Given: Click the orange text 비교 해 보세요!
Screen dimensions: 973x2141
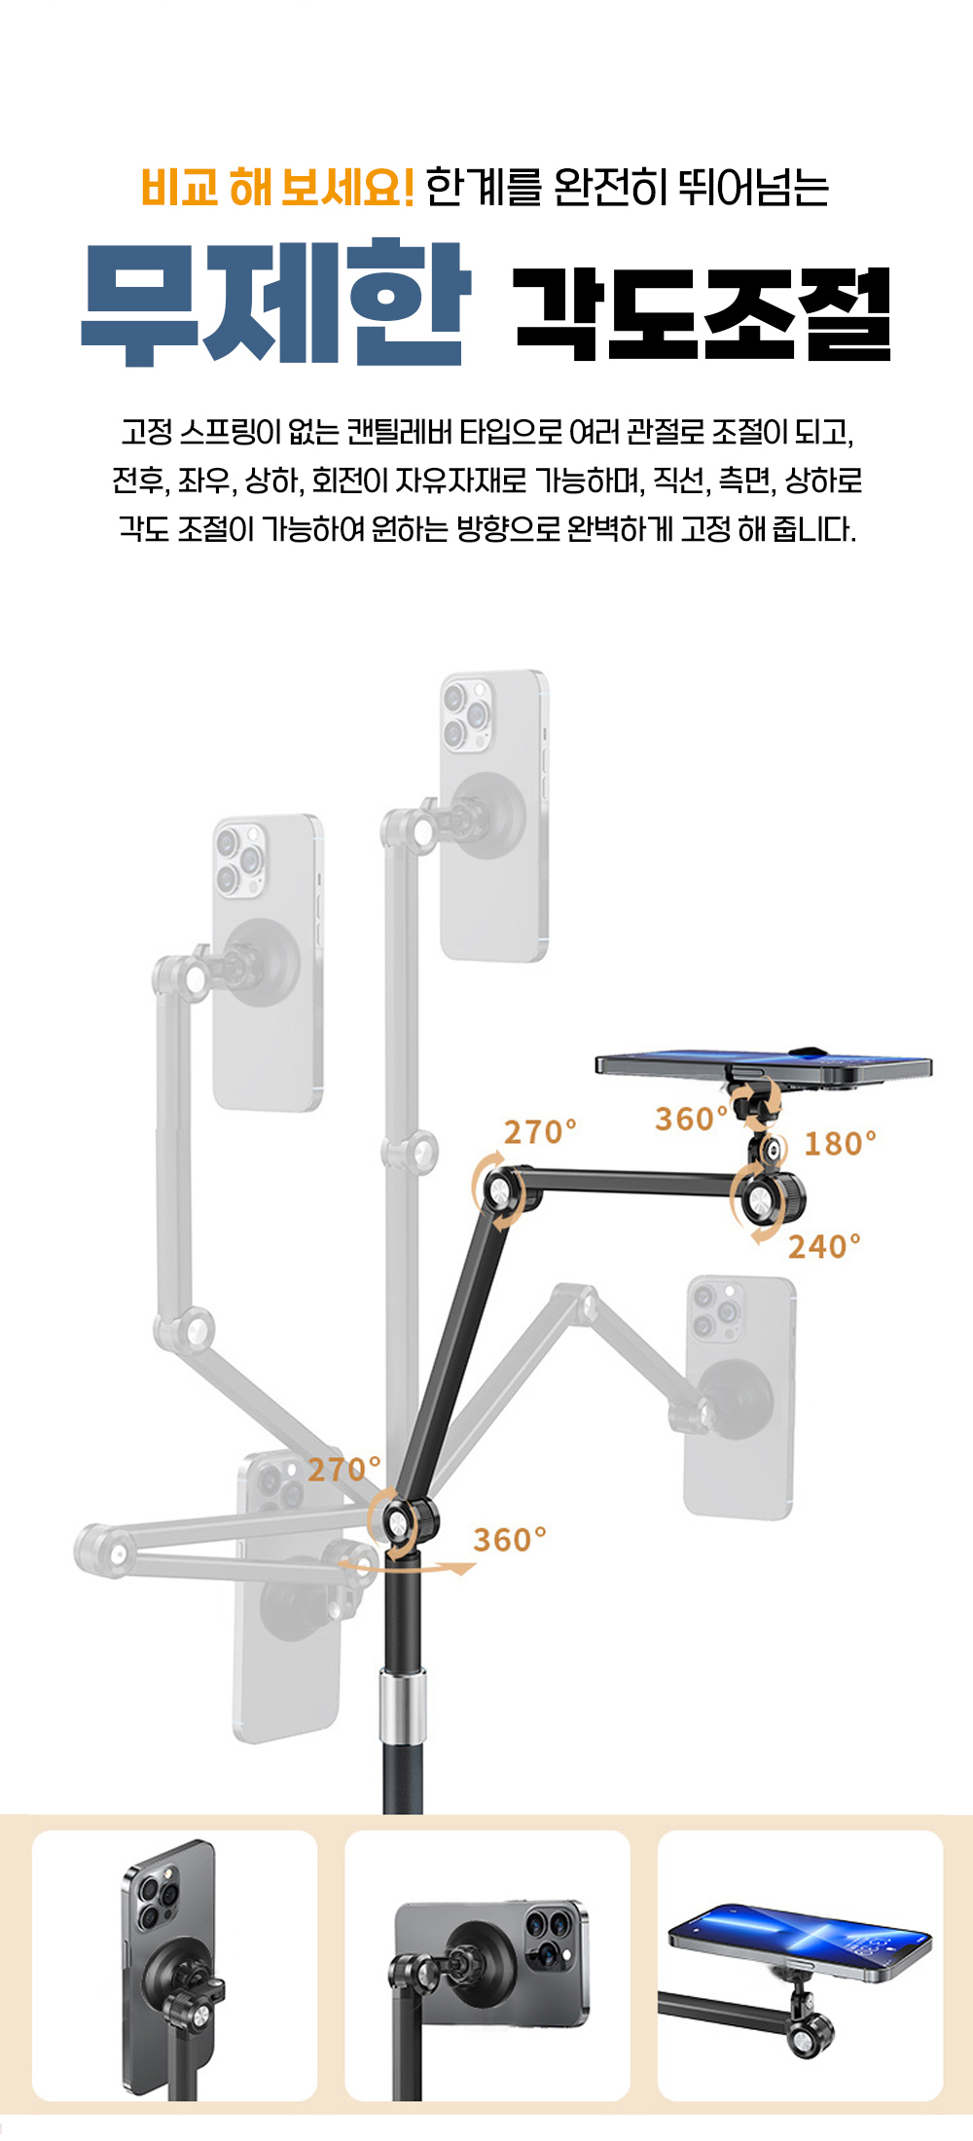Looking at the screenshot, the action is (278, 187).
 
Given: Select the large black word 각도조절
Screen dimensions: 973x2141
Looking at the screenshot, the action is (703, 313).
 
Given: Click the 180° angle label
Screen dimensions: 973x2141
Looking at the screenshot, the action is (840, 1143).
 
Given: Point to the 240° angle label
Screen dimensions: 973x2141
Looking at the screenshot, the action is (824, 1246).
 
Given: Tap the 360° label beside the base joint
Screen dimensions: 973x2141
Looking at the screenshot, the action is (510, 1540).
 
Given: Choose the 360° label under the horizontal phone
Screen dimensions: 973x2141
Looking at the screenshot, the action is (691, 1119).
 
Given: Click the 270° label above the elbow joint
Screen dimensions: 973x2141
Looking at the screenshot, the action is (540, 1131).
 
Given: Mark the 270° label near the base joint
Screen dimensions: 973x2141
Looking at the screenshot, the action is (344, 1469).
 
